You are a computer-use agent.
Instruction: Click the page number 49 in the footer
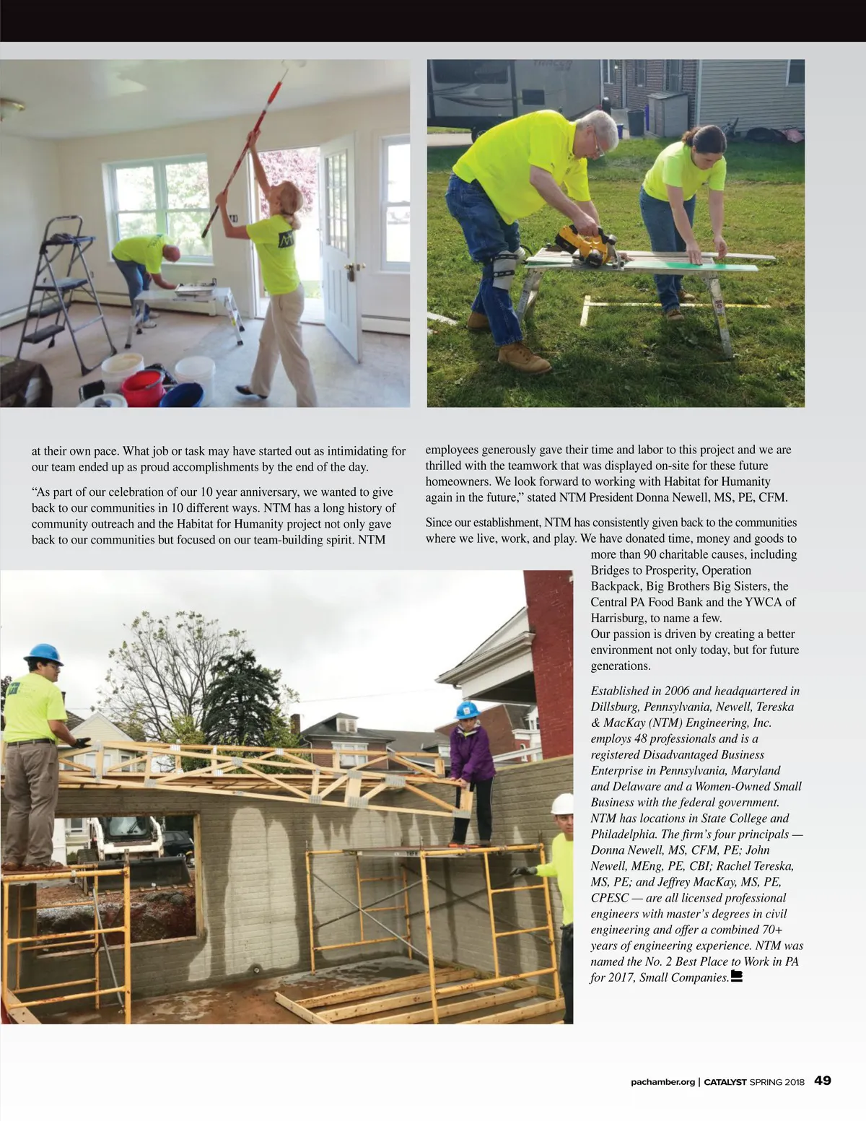tap(822, 1081)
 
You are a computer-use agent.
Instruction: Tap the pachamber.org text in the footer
tap(662, 1082)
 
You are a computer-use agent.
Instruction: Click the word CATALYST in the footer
tap(725, 1082)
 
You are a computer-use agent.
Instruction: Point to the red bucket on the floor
tap(143, 388)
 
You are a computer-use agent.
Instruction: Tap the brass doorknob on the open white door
tap(351, 269)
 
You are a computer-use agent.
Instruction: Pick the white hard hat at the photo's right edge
tap(563, 803)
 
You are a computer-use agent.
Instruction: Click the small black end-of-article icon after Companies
tap(737, 977)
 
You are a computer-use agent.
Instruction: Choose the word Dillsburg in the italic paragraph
tap(616, 707)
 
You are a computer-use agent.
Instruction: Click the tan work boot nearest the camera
tap(524, 357)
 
